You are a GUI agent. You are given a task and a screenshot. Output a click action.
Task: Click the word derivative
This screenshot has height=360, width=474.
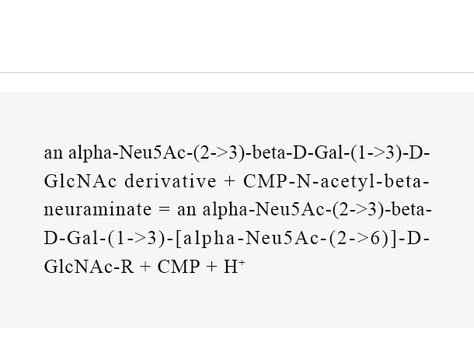point(170,181)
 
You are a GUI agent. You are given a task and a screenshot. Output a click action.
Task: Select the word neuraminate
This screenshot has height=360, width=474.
point(98,209)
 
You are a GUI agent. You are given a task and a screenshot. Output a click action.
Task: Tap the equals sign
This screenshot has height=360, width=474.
point(165,210)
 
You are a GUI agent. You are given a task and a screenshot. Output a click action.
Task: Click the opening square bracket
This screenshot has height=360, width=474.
point(179,239)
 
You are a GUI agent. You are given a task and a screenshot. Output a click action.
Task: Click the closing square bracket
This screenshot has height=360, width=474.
point(393,239)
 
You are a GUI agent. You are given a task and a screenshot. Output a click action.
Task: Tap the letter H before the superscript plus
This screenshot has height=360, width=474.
point(231,267)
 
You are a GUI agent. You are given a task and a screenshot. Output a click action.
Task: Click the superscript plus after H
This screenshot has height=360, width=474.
point(241,263)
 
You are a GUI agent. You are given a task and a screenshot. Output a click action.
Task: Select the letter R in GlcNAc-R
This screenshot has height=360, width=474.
point(127,267)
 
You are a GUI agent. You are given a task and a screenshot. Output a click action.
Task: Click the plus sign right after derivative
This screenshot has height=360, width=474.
point(230,181)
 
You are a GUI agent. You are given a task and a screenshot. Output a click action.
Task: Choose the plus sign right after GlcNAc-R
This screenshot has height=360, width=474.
point(145,267)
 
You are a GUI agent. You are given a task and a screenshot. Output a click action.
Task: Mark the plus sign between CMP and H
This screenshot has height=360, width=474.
point(211,267)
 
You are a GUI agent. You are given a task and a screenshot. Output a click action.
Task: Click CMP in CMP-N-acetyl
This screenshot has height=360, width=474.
point(265,181)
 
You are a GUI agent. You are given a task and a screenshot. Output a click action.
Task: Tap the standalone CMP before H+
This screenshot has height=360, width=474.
point(179,267)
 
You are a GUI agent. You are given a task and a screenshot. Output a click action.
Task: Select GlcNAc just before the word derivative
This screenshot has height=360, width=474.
point(80,181)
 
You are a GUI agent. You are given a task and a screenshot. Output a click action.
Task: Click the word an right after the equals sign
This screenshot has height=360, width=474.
point(186,210)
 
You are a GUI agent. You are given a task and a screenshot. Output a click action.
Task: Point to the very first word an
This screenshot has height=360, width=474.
point(53,153)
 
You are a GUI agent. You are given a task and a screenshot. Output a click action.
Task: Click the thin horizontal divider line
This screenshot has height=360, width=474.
point(237,72)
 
